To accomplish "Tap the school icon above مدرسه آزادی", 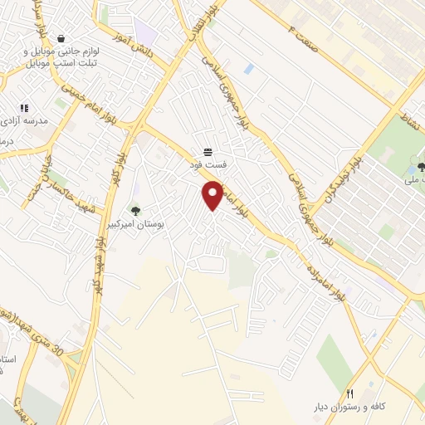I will [24, 108].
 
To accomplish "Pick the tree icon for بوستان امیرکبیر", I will [135, 210].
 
